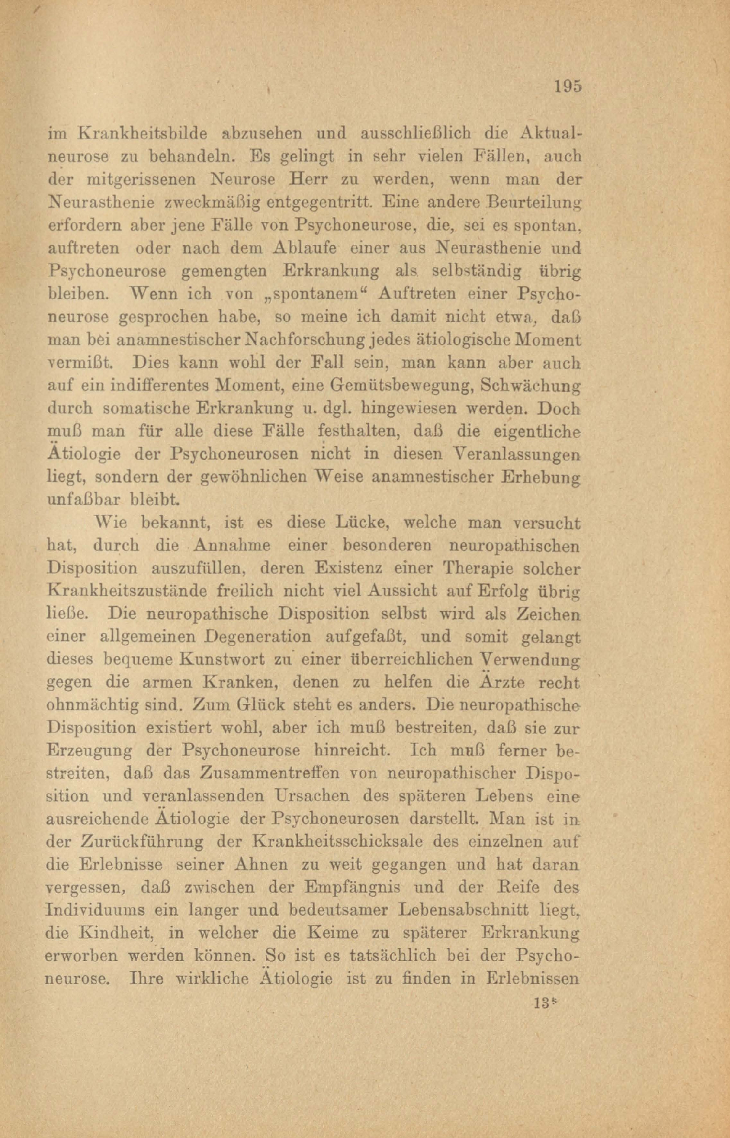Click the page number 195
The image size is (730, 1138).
[567, 86]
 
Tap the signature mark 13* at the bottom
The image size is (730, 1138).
[544, 1002]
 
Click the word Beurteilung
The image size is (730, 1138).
[535, 202]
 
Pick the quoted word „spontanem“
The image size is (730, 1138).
[315, 293]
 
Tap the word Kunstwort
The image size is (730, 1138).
[222, 660]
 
